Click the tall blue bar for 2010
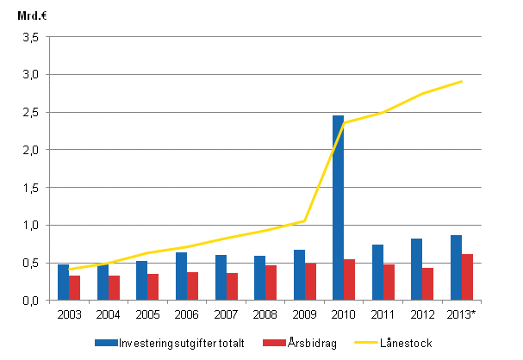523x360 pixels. click(x=339, y=208)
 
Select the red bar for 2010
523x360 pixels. click(x=349, y=279)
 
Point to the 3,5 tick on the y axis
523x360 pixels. click(x=32, y=37)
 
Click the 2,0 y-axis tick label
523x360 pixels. click(x=32, y=150)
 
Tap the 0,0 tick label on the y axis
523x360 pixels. click(x=32, y=301)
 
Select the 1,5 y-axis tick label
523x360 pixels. click(x=32, y=188)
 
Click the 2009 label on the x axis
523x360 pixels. click(x=304, y=313)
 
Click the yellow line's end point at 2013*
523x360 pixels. click(x=463, y=81)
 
